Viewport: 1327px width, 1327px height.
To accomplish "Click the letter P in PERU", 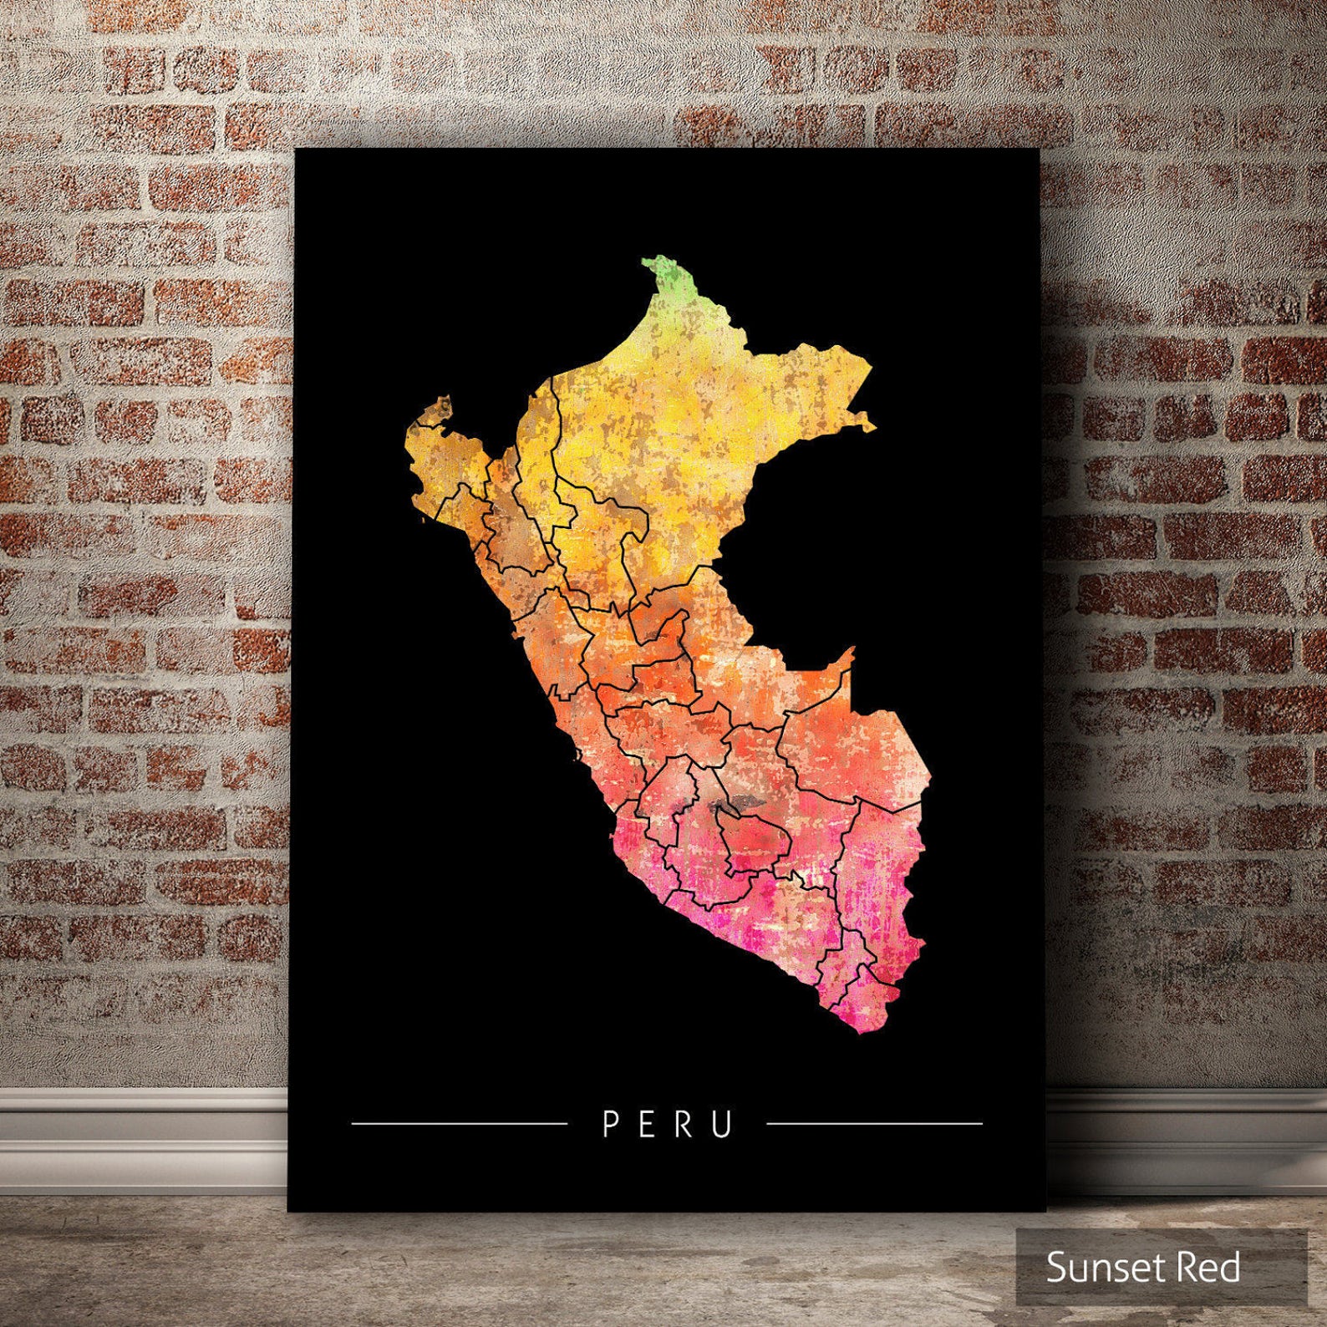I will [x=610, y=1124].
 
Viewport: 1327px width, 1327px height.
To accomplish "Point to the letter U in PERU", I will [x=724, y=1124].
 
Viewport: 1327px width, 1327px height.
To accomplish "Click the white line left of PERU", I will [x=459, y=1124].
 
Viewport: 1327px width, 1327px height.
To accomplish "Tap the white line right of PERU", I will [x=874, y=1124].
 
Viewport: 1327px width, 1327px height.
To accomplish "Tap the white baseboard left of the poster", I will [x=142, y=1120].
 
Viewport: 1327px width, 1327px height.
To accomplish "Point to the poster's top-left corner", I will [x=298, y=151].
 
